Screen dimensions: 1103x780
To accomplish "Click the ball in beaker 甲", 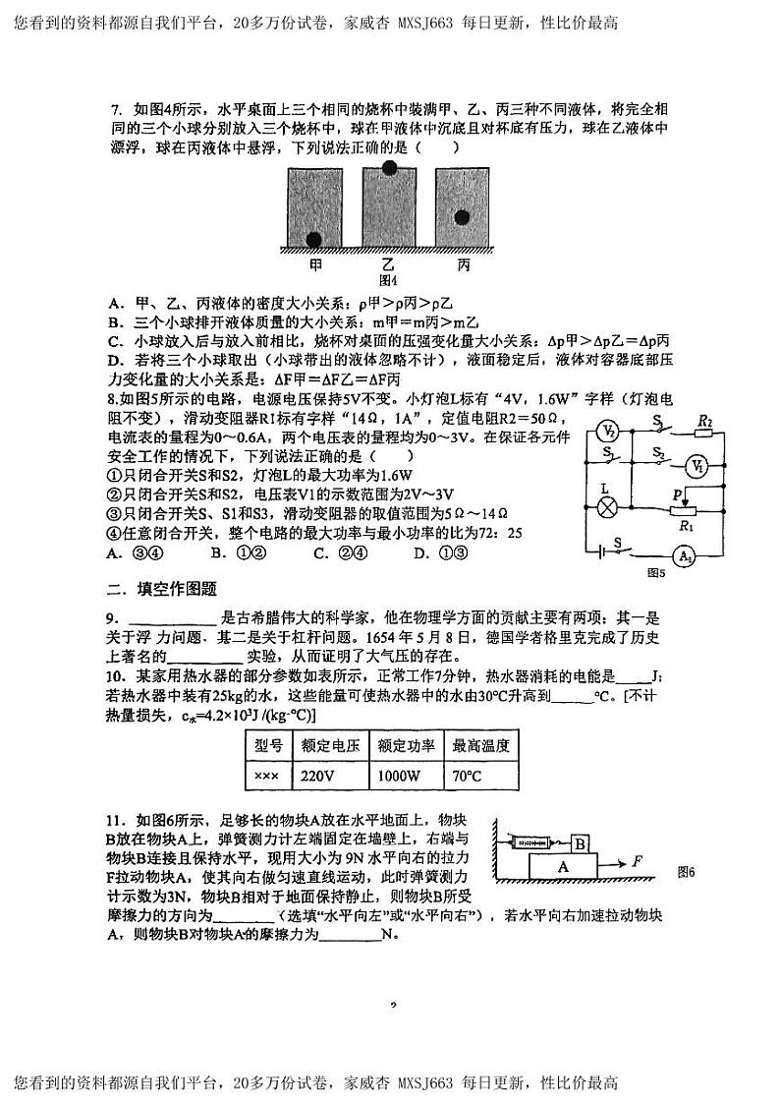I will tap(314, 239).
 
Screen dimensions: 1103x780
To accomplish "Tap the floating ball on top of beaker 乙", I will tap(390, 167).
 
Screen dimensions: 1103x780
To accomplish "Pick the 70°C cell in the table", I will tap(480, 777).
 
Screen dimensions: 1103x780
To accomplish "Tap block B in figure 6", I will tap(580, 843).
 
